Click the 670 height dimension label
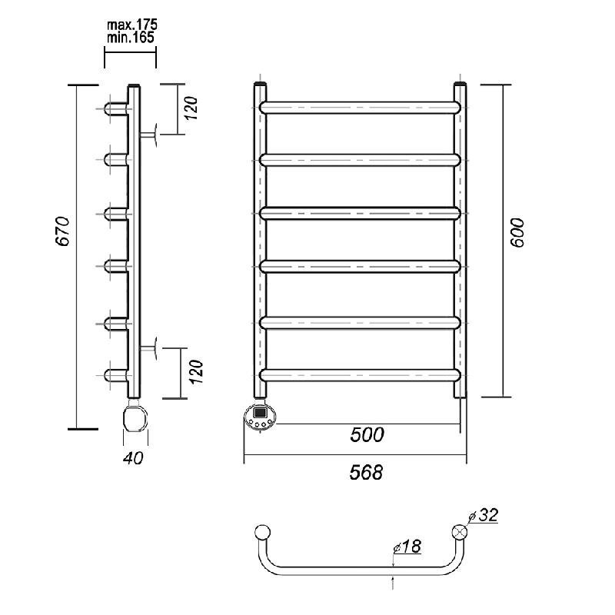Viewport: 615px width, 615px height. [x=63, y=231]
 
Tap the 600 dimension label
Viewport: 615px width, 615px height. [x=517, y=233]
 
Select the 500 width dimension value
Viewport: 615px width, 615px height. [x=367, y=434]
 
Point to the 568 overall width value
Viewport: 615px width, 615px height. [x=366, y=472]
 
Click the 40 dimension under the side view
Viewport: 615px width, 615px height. [x=133, y=458]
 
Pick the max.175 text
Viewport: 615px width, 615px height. [x=132, y=25]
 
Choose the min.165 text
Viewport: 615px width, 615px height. [x=131, y=38]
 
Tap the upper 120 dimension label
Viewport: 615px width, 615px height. [x=191, y=108]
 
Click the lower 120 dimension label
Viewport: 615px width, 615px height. [x=196, y=371]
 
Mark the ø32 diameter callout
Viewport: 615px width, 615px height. [x=483, y=515]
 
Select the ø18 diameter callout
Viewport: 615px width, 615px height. [x=407, y=547]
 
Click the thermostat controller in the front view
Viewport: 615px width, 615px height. [x=260, y=417]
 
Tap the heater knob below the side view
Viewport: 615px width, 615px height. [x=135, y=418]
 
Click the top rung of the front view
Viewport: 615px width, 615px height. [x=360, y=108]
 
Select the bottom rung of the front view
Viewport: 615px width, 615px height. [x=360, y=375]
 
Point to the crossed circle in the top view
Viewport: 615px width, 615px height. [x=460, y=532]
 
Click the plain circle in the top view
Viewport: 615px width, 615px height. [x=262, y=532]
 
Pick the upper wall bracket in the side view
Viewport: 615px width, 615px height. [x=148, y=135]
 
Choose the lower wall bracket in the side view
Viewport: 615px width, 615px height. [x=148, y=348]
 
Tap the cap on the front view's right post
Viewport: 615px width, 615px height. [x=460, y=84]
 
